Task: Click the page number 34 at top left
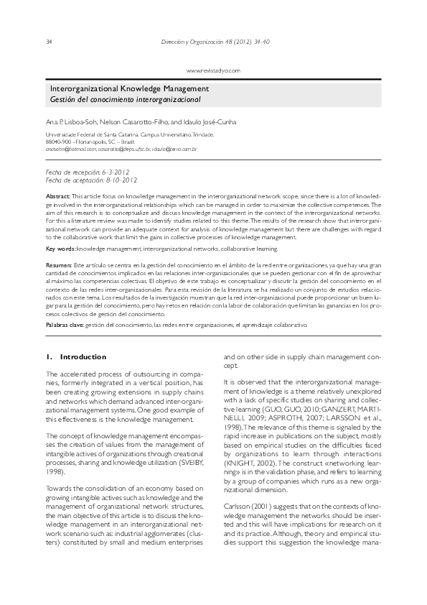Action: tap(49, 42)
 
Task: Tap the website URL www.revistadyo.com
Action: tap(213, 70)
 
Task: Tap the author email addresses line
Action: tap(121, 149)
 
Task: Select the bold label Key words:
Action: tap(60, 249)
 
